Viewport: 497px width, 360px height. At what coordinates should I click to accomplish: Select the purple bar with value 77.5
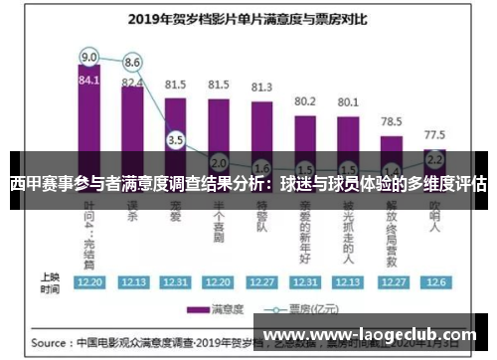434,164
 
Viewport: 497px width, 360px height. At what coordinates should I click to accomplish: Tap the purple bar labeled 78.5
392,149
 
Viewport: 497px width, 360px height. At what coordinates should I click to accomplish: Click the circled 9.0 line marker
89,56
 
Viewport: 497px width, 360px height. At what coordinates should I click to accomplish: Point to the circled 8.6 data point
132,63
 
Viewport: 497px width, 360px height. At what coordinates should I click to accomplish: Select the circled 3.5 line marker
176,140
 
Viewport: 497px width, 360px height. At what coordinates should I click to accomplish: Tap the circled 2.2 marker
434,158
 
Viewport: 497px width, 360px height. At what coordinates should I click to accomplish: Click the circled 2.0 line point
219,162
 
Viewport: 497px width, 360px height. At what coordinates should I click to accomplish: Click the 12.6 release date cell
434,281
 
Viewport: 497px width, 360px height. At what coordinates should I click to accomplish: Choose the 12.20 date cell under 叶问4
89,281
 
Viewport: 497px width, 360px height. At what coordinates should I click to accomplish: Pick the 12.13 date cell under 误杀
132,281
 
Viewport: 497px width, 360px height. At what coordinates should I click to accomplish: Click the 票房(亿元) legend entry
308,309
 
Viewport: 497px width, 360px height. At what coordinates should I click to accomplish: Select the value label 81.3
261,87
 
